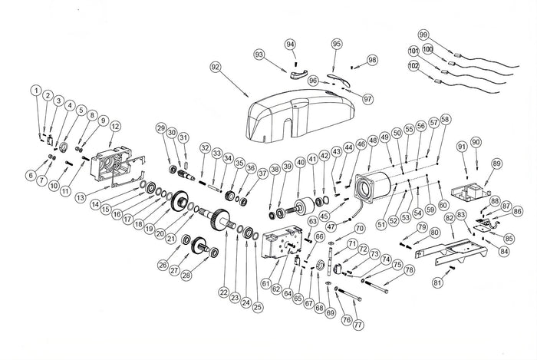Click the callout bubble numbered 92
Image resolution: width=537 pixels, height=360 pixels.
coord(215,68)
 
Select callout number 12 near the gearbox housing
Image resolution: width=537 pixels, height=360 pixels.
coord(115,126)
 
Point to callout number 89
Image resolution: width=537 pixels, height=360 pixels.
coord(496,163)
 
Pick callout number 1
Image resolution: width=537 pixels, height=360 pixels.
coord(35,91)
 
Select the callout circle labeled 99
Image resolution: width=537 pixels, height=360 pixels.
coord(423,35)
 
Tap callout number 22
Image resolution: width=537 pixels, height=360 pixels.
coord(223,293)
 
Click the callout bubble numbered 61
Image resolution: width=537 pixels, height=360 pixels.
coord(266,284)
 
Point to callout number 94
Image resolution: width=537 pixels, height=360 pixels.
coord(290,45)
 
